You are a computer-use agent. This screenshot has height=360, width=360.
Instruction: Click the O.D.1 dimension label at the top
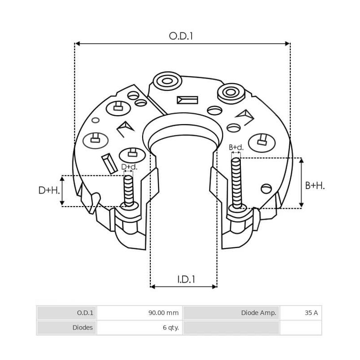coord(181,36)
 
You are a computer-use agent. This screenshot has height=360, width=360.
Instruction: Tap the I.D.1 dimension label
coord(186,279)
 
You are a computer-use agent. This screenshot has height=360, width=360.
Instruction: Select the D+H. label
coord(49,190)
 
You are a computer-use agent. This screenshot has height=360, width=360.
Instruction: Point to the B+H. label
coord(315,185)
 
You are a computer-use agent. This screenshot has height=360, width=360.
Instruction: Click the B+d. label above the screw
coord(236,147)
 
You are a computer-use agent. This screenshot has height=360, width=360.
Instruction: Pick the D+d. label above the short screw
coord(129,167)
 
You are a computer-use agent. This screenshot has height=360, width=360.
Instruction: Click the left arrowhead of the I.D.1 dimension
coord(153,286)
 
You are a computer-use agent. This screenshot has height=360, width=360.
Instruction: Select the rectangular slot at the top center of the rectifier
coord(188,100)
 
